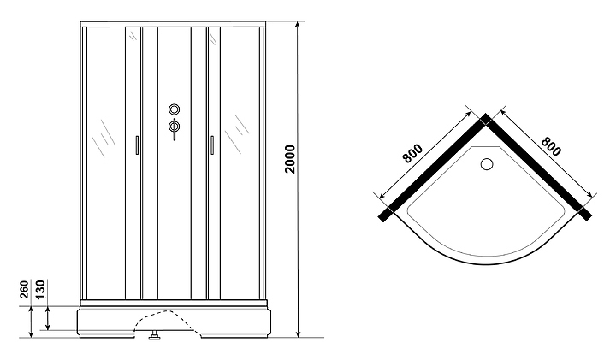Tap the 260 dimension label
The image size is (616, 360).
pyautogui.click(x=22, y=292)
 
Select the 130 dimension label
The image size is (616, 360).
pyautogui.click(x=38, y=292)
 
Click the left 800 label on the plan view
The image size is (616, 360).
pyautogui.click(x=411, y=154)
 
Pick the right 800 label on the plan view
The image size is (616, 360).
pyautogui.click(x=550, y=147)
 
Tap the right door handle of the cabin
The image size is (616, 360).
pyautogui.click(x=208, y=146)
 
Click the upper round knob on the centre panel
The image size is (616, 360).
pyautogui.click(x=174, y=109)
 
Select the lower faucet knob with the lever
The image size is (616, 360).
pyautogui.click(x=174, y=129)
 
